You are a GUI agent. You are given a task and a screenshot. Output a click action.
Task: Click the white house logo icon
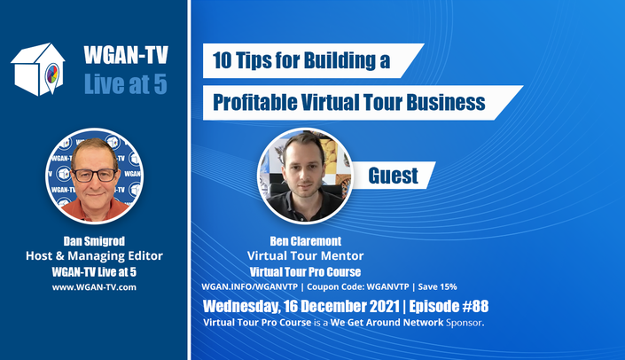click(38, 69)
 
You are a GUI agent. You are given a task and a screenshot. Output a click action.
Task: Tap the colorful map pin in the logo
click(52, 75)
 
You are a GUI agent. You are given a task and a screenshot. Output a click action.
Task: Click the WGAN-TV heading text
click(126, 55)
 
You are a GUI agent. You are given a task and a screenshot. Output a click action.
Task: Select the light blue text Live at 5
click(126, 83)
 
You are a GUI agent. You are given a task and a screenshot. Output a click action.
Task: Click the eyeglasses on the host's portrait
click(95, 176)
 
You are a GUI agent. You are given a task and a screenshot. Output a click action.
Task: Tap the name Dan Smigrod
click(94, 241)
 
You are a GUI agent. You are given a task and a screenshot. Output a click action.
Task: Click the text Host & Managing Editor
click(94, 256)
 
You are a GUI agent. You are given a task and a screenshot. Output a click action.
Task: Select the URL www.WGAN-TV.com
click(94, 287)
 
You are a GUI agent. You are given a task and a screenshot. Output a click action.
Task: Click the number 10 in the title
click(222, 60)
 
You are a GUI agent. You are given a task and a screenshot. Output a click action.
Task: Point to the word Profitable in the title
click(254, 102)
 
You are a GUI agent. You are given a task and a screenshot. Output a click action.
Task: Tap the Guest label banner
click(394, 176)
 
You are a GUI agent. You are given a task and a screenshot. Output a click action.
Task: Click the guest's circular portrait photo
click(305, 176)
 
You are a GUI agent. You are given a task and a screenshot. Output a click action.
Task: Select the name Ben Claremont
click(306, 241)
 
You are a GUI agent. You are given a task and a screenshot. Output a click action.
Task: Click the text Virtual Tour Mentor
click(305, 256)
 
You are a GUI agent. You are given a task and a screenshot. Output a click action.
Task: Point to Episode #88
click(449, 306)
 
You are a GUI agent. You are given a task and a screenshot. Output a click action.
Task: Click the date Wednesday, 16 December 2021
click(301, 307)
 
